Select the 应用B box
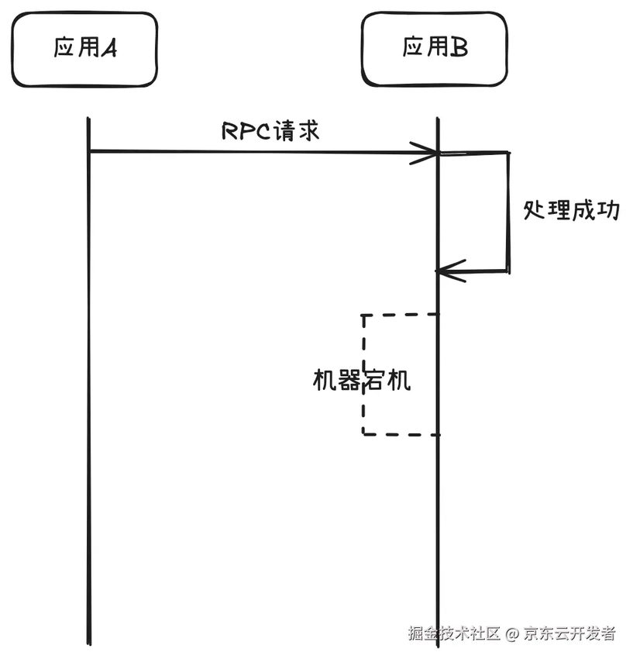[435, 48]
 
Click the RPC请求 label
[270, 131]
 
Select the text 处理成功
[572, 210]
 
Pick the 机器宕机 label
[361, 380]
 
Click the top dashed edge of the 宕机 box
[400, 314]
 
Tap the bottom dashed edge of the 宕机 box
[400, 434]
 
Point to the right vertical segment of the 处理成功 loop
[509, 211]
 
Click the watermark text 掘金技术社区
[454, 633]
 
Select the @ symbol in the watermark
[511, 634]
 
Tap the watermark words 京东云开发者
[569, 633]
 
